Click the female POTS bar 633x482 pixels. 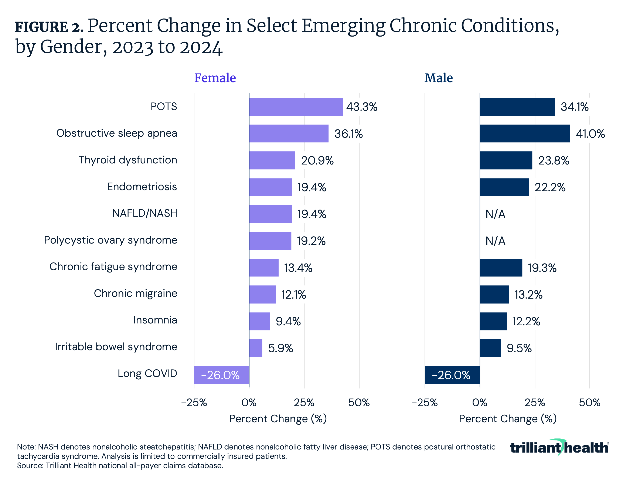pos(296,107)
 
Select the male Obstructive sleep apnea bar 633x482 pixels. pos(525,133)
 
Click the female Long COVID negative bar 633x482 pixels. pos(221,375)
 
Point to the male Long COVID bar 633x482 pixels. pos(452,375)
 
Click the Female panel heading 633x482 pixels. pos(215,78)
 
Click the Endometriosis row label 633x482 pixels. pos(142,187)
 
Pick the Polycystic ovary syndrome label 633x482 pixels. pos(110,240)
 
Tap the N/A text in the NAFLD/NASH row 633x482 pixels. pos(495,214)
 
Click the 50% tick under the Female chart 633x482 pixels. pos(359,403)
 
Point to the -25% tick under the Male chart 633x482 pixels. pos(425,403)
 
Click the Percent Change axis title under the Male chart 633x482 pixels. pos(507,419)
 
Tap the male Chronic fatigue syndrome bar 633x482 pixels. pos(501,268)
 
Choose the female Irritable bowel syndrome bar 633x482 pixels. pos(256,348)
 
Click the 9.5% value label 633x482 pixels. pos(519,348)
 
